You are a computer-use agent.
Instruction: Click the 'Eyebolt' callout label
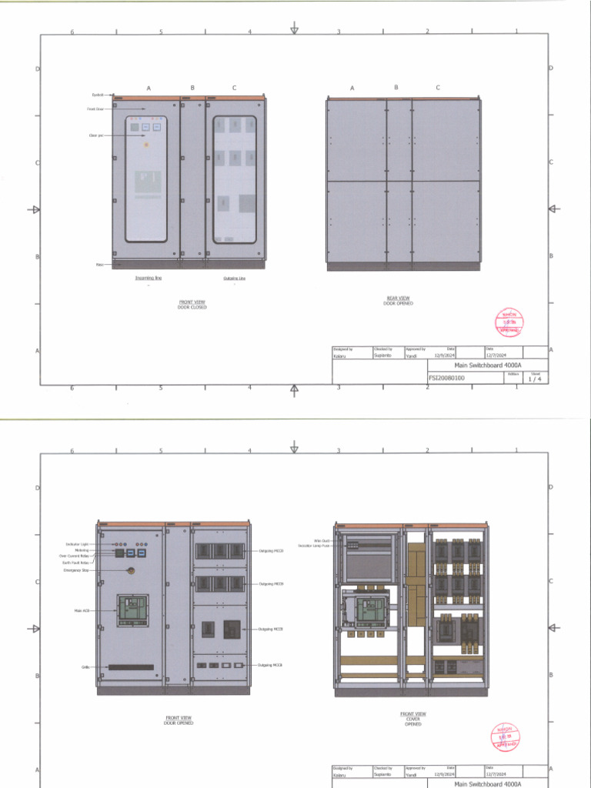coord(97,95)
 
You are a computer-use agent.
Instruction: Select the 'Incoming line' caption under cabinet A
coord(149,278)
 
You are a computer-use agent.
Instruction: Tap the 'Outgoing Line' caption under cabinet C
coord(235,278)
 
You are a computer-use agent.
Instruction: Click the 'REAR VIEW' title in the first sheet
coord(398,298)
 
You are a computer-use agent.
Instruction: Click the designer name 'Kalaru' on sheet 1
coord(340,356)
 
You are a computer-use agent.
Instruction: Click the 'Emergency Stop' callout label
coord(75,570)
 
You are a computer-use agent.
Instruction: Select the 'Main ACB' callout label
coord(82,611)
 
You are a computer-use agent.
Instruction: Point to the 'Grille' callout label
coord(85,667)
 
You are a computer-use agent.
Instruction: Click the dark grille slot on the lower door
coord(130,667)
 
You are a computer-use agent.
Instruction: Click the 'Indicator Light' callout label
coord(77,544)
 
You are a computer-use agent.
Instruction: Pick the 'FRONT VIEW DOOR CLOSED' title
coord(192,305)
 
